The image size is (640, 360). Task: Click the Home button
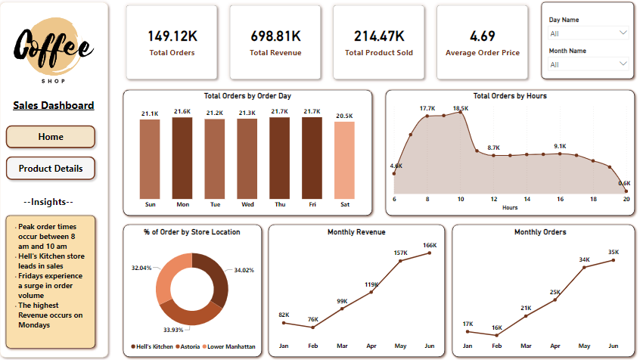[51, 137]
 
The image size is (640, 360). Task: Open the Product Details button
[51, 168]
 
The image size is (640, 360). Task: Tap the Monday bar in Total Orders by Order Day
[182, 158]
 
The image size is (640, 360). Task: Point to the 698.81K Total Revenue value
[275, 36]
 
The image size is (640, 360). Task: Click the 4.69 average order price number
[483, 36]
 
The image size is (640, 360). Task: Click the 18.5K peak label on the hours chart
[461, 109]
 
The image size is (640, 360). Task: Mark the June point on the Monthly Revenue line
[430, 253]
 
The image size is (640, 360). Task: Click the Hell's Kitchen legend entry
[154, 346]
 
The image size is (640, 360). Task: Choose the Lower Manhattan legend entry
[230, 346]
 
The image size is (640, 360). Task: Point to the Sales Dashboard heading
[54, 105]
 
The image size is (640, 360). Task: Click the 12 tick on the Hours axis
[494, 199]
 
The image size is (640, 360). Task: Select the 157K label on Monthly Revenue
[400, 253]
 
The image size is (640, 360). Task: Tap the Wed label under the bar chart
[247, 204]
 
